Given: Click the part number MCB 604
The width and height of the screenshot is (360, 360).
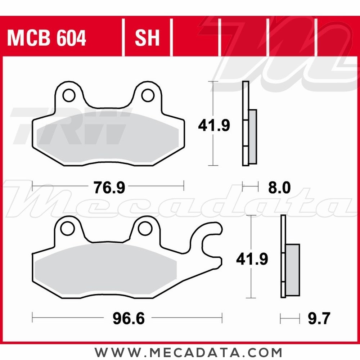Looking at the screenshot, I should click(x=47, y=38).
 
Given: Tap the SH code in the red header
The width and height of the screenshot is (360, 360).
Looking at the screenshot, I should click(x=147, y=38).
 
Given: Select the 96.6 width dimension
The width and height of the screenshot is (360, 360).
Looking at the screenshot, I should click(x=129, y=318).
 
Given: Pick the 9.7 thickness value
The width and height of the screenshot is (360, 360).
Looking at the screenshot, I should click(x=319, y=319).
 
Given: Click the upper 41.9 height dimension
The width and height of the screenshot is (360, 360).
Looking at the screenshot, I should click(x=214, y=126).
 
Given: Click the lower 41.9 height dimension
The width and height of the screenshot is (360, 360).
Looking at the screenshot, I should click(x=252, y=259).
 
